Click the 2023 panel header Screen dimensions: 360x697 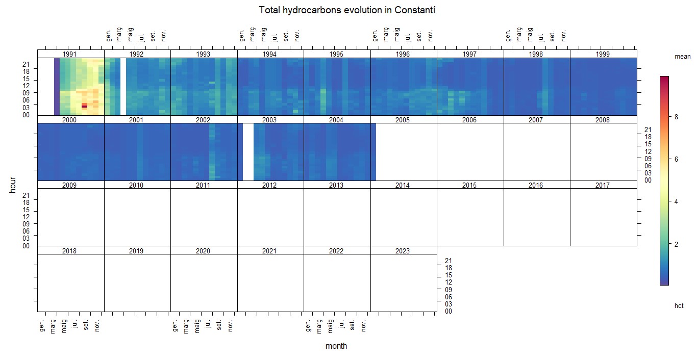(x=403, y=251)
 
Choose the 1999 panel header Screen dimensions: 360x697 (x=603, y=54)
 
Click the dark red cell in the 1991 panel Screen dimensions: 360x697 (x=85, y=106)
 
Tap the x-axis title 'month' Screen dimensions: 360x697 (x=336, y=346)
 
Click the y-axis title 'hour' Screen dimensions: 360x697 (x=13, y=185)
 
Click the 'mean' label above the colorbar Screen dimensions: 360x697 (x=682, y=57)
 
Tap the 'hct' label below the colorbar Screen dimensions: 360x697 (x=679, y=306)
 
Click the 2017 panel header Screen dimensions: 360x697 (x=603, y=185)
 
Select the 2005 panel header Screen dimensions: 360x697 (x=403, y=120)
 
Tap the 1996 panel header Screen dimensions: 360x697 (x=403, y=54)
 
